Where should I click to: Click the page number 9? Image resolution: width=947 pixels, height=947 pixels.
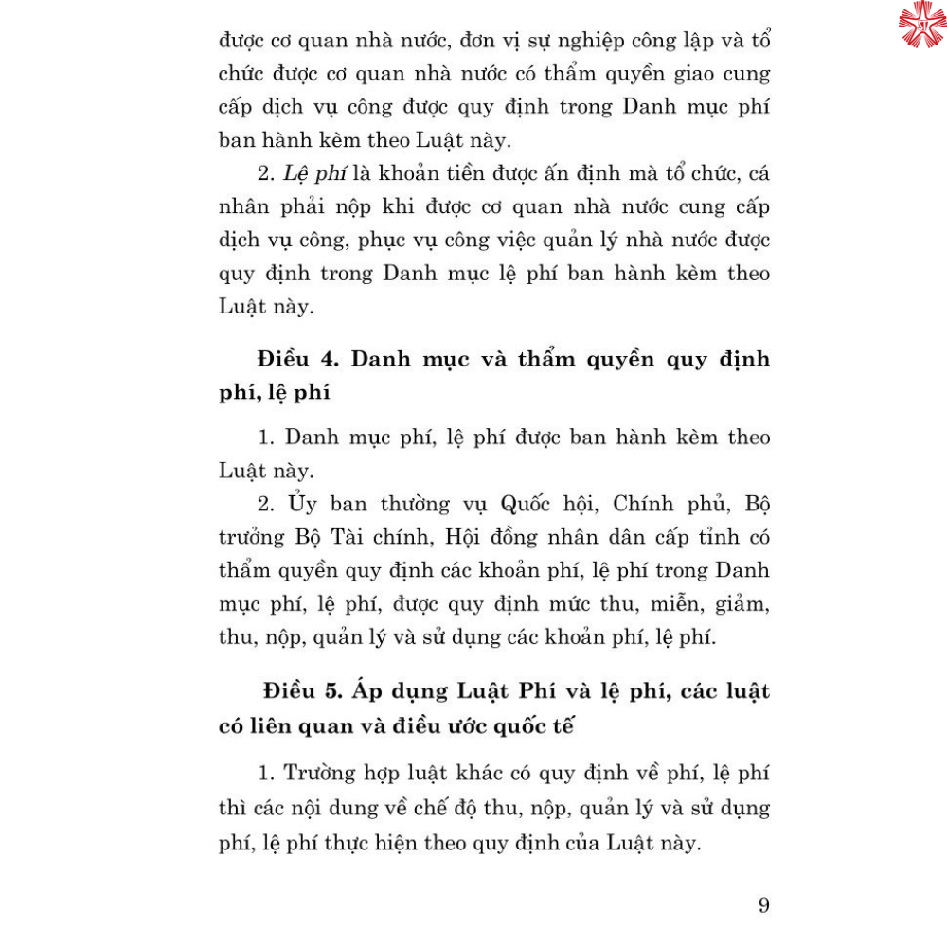pos(763,904)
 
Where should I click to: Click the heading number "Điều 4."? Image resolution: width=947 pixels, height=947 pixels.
pos(290,360)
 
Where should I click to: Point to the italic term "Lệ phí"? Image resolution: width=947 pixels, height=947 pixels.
pos(289,172)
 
